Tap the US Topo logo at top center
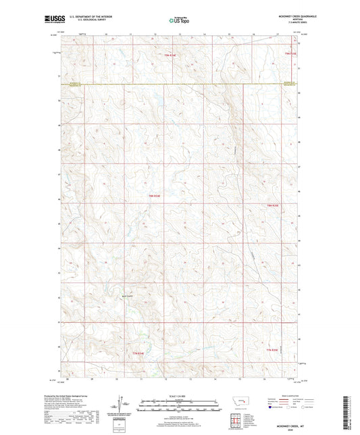[x=180, y=20]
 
